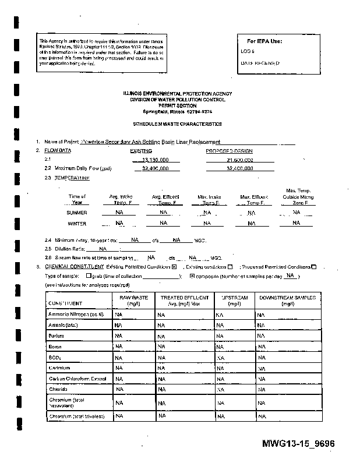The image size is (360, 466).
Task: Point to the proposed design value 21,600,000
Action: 239,159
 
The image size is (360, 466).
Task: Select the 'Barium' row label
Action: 56,336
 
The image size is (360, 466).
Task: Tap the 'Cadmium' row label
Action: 59,368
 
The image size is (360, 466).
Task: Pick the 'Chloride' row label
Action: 59,389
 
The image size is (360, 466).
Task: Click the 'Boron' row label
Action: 55,347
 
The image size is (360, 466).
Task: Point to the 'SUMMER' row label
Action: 77,213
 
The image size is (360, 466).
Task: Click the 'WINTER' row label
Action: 77,223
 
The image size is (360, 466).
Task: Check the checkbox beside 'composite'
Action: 192,276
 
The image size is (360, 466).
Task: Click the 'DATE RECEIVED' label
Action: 260,63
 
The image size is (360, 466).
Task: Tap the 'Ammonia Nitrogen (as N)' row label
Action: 76,315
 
